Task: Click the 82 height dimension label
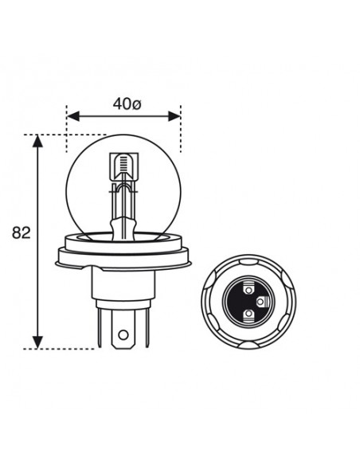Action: pos(22,234)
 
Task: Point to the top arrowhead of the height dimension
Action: pos(37,142)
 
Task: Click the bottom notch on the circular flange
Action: pos(244,345)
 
